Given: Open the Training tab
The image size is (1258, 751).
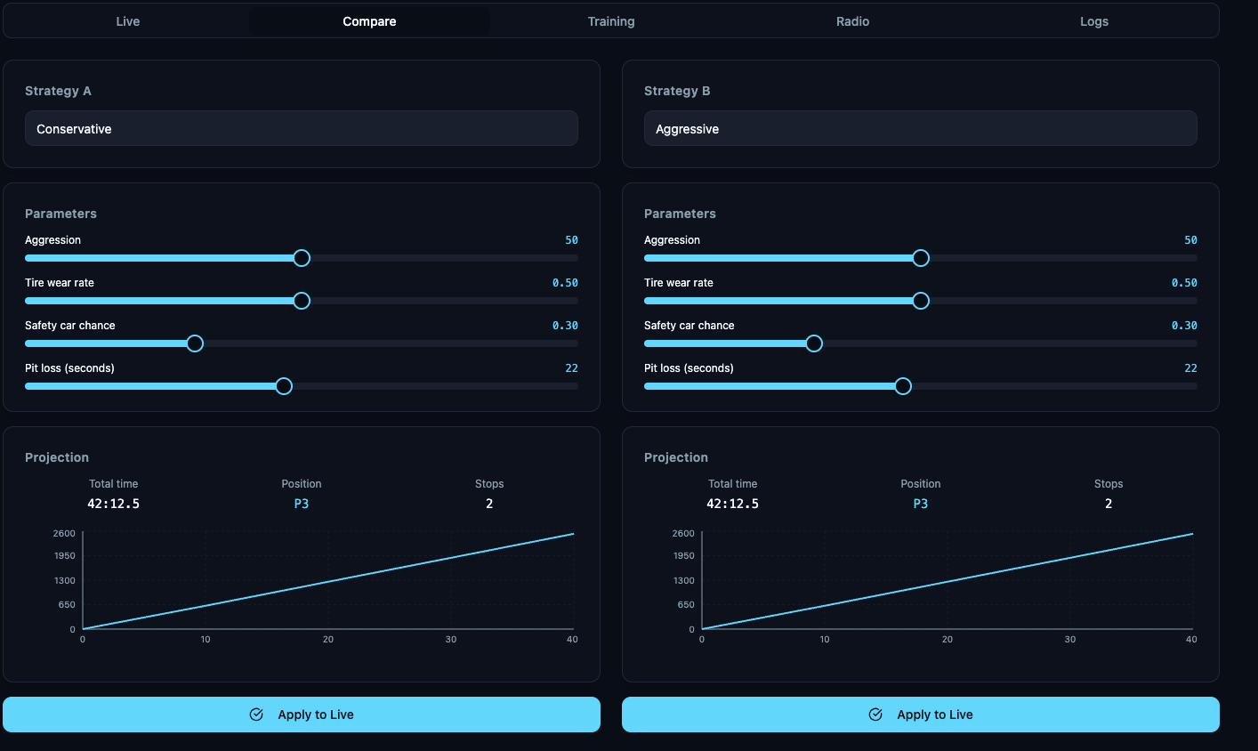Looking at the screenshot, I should (x=611, y=21).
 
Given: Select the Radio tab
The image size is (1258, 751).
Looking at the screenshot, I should (x=852, y=21).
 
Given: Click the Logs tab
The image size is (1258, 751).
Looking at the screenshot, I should (x=1093, y=21).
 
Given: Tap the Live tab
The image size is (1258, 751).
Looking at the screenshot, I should (x=128, y=21).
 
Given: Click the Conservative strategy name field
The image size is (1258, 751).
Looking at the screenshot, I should (x=301, y=129).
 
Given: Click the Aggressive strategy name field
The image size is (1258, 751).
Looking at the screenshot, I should (x=920, y=129).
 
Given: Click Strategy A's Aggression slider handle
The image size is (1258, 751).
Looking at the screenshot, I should (x=302, y=258).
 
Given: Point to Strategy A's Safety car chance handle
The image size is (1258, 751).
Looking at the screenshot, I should (x=195, y=343).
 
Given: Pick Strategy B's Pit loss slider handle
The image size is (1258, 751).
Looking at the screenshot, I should (x=903, y=386).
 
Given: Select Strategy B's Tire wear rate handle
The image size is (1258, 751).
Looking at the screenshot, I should (x=921, y=301).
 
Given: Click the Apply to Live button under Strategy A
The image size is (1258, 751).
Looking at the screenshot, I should (x=301, y=715).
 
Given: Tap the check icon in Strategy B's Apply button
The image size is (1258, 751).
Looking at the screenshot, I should (x=875, y=715).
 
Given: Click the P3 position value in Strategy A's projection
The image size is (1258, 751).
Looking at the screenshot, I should (x=302, y=504).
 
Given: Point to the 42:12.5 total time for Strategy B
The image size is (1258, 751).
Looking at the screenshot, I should (x=732, y=504).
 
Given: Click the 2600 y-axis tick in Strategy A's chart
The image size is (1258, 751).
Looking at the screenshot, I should (x=64, y=533).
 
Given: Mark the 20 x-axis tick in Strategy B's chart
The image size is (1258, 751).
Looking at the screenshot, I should (x=948, y=640).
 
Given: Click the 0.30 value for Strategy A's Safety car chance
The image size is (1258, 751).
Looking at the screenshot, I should (x=565, y=326).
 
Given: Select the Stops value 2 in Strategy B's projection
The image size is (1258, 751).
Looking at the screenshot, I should (x=1109, y=504).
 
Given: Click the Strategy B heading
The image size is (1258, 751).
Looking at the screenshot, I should (x=677, y=91).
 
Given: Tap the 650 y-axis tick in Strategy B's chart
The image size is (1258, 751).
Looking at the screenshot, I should (x=685, y=605).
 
